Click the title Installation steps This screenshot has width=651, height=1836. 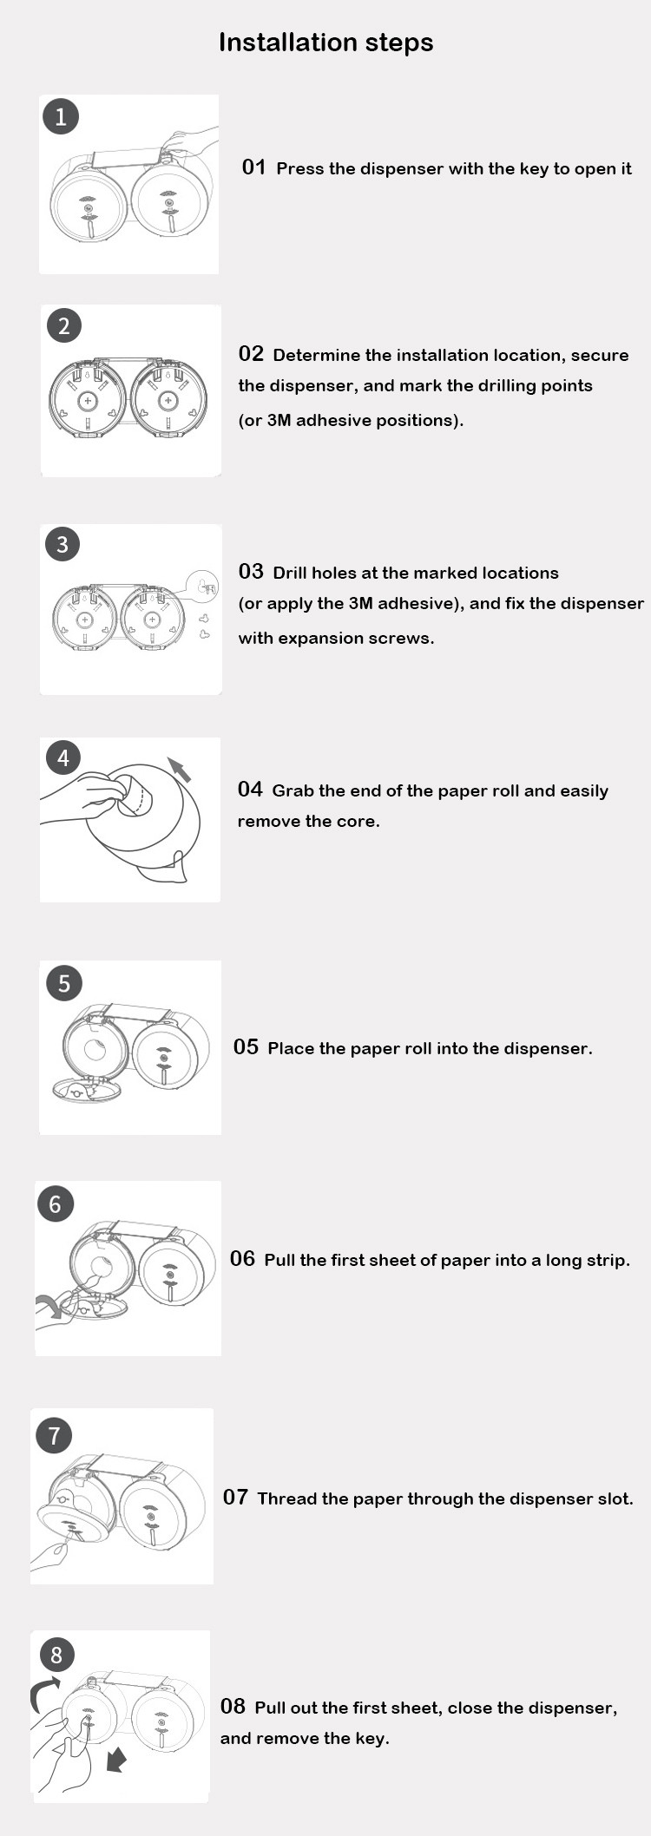pos(325,43)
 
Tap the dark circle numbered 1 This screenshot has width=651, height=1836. pos(61,116)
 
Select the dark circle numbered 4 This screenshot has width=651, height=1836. pos(63,758)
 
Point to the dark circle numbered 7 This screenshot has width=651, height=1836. pos(54,1435)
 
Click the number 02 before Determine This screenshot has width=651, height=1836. pos(251,354)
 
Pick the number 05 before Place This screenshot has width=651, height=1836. pos(246,1047)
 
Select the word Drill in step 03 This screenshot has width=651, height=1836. pos(290,573)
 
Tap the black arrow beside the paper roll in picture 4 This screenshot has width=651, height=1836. pos(179,770)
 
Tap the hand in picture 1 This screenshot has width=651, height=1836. pos(190,140)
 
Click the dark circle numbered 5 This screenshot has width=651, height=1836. pos(63,983)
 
